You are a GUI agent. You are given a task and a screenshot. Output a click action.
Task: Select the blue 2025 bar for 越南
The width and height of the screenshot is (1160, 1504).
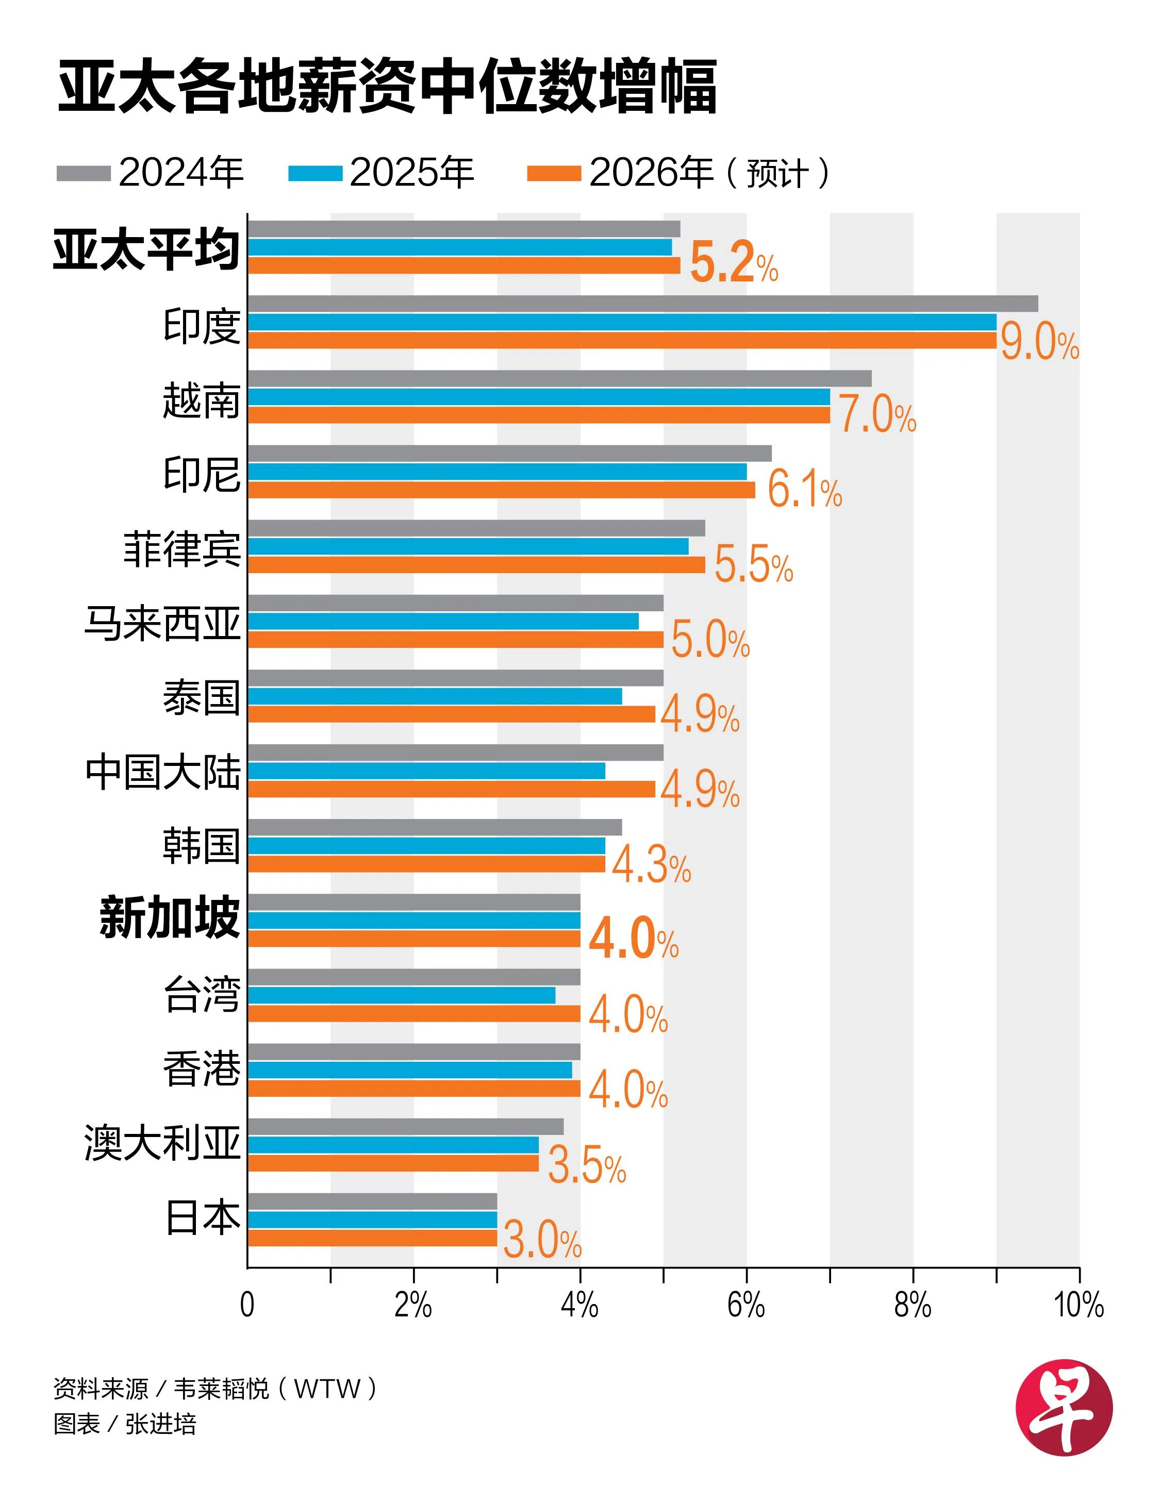coord(539,397)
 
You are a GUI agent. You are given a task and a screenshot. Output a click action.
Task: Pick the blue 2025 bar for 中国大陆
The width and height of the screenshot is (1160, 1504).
coord(426,771)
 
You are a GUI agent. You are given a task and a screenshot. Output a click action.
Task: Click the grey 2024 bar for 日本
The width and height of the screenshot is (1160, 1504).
coord(372,1201)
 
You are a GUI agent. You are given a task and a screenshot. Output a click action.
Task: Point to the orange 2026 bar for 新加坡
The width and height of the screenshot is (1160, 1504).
coord(413,939)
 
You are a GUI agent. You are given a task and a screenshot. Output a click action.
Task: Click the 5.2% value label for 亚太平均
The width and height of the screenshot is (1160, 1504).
coord(734,263)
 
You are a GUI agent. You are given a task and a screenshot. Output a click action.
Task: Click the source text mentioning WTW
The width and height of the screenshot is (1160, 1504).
coord(215,1389)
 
